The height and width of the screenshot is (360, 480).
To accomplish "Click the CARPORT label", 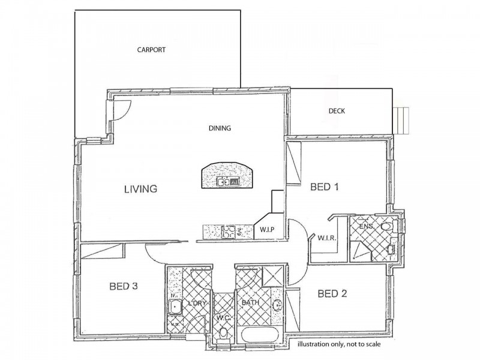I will pyautogui.click(x=151, y=50).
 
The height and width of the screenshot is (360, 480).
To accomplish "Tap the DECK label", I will pyautogui.click(x=337, y=111).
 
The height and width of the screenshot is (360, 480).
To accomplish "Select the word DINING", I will pyautogui.click(x=220, y=128).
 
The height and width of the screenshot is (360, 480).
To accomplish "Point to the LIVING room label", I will pyautogui.click(x=140, y=189).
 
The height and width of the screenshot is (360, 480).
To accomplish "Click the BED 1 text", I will pyautogui.click(x=325, y=187).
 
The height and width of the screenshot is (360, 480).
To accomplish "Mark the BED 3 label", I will pyautogui.click(x=124, y=286).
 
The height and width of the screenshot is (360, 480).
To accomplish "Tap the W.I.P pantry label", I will pyautogui.click(x=267, y=230).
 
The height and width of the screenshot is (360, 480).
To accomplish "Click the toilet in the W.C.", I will pyautogui.click(x=224, y=331).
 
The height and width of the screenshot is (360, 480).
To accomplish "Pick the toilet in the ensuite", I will pyautogui.click(x=387, y=227).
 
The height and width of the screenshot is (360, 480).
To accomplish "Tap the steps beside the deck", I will pyautogui.click(x=403, y=119).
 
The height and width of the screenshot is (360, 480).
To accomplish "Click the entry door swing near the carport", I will pyautogui.click(x=119, y=109).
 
